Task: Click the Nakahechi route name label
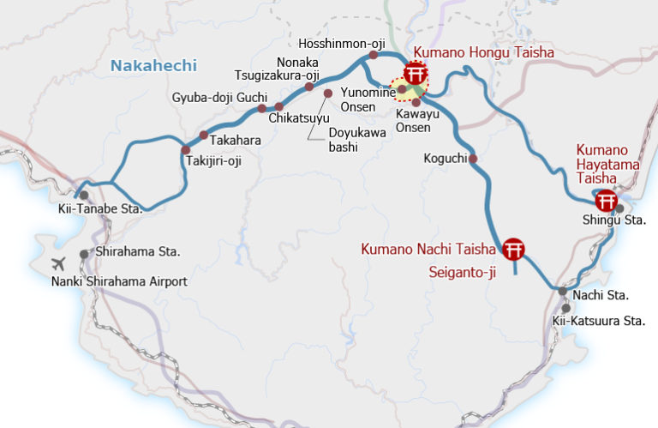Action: click(154, 65)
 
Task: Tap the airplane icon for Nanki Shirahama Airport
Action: click(58, 263)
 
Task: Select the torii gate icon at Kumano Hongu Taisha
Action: click(416, 74)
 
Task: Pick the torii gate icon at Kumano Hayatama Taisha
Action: click(607, 201)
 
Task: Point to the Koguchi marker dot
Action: click(472, 159)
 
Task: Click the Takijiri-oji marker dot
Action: click(185, 150)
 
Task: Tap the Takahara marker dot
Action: click(203, 135)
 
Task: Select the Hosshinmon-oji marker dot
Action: click(373, 55)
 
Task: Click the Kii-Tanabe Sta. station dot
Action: click(83, 196)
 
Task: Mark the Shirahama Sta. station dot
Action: click(84, 254)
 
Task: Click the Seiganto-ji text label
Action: click(463, 273)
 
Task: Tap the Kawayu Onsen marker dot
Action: click(416, 102)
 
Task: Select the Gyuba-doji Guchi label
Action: click(220, 96)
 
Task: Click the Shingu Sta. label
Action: click(613, 220)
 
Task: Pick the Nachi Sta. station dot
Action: click(562, 292)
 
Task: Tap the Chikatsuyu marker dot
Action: click(279, 106)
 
